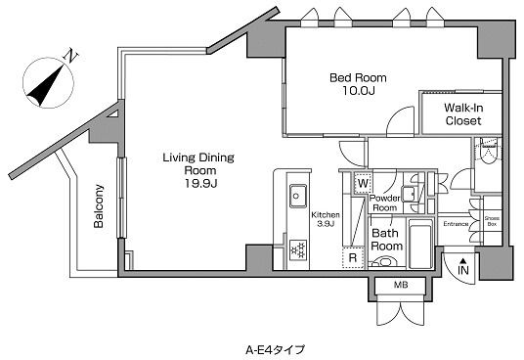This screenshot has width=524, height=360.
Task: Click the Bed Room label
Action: [358, 78]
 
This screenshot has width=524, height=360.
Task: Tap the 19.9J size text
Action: [201, 184]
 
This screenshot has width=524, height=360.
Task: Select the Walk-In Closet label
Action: [463, 114]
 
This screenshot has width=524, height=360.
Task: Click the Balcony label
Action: [99, 205]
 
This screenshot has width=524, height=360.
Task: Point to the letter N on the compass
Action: [70, 56]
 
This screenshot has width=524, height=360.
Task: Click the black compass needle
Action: [45, 85]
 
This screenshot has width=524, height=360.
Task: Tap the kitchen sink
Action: [298, 196]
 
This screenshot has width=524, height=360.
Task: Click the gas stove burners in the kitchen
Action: [298, 249]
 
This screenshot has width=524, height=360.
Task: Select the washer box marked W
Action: [363, 183]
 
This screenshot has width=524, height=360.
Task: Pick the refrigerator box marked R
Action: [353, 257]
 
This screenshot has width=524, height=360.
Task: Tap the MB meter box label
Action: [401, 285]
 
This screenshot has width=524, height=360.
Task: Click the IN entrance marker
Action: [463, 267]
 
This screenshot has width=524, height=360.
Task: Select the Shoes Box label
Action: [492, 221]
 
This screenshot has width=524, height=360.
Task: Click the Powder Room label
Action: [384, 202]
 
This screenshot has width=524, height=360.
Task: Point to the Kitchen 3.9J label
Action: [326, 219]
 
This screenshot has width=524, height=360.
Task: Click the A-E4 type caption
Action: [275, 350]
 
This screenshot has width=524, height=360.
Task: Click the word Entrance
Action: [456, 224]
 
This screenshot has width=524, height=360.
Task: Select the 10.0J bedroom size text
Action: [358, 91]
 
